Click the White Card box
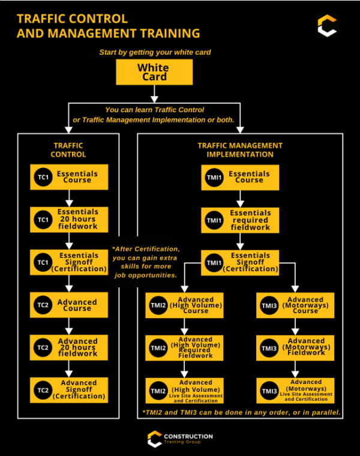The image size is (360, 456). click(x=154, y=72)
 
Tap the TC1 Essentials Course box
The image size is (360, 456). click(x=69, y=177)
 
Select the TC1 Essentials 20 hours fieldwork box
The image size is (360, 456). click(x=69, y=220)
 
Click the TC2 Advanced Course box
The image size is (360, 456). click(x=69, y=305)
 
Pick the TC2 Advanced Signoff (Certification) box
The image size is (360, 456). click(x=69, y=390)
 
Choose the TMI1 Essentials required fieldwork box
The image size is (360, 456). click(x=240, y=220)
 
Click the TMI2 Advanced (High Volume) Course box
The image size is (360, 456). click(x=184, y=305)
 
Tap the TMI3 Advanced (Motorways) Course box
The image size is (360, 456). click(x=295, y=305)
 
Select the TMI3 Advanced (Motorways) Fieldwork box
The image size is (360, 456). click(x=295, y=348)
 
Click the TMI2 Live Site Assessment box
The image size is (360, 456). click(x=184, y=391)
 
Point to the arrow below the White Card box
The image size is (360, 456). click(x=154, y=94)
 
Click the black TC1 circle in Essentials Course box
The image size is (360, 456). click(x=43, y=177)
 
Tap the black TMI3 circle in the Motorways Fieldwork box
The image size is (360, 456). click(x=269, y=348)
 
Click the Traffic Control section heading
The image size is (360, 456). click(x=68, y=150)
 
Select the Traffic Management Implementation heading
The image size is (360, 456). click(x=240, y=150)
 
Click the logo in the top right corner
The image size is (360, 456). click(x=327, y=26)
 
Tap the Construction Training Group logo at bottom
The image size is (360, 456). click(x=180, y=439)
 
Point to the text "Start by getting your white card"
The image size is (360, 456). click(x=155, y=52)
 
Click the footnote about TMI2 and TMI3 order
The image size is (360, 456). click(x=241, y=412)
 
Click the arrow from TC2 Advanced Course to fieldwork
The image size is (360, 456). click(x=69, y=326)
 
